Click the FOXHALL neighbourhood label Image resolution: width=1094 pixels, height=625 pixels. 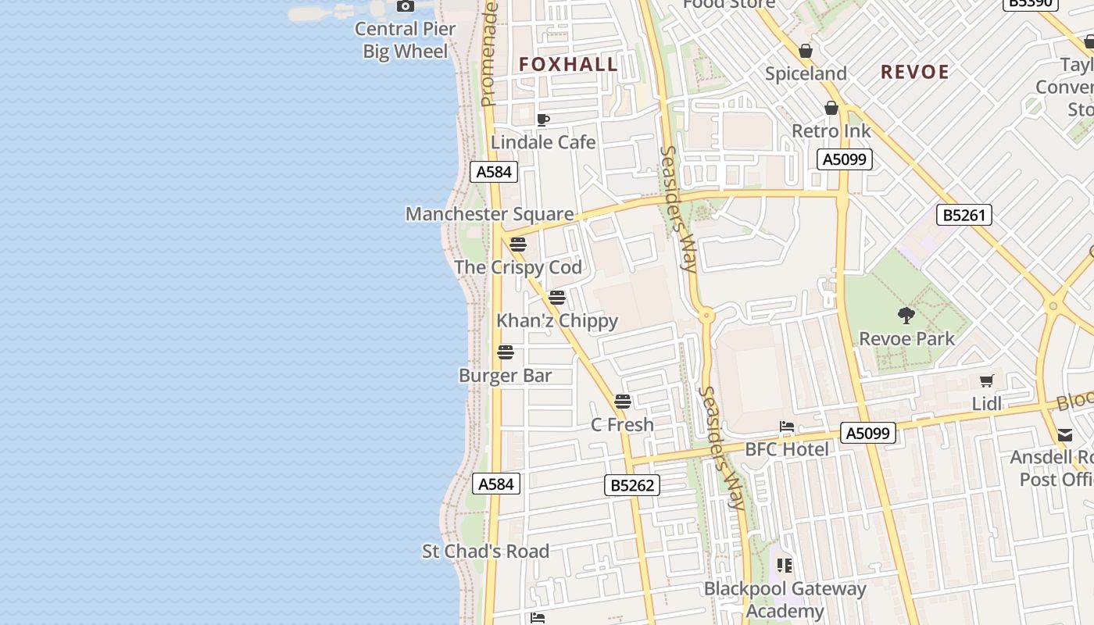[568, 65]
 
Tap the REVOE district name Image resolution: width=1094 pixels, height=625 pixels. [914, 73]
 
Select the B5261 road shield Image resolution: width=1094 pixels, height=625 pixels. [964, 215]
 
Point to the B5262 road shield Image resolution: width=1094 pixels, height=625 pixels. [631, 485]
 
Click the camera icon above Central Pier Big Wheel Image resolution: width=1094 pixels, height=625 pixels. [405, 6]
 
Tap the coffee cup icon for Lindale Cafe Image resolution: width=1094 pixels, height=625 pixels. [542, 120]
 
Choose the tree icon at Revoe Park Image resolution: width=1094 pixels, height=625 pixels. [906, 316]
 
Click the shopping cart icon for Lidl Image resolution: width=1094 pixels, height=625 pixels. [986, 381]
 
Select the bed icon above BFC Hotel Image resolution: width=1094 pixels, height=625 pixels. [787, 427]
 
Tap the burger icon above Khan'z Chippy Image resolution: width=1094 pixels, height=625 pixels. [556, 298]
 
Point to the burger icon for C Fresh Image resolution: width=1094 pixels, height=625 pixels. [622, 402]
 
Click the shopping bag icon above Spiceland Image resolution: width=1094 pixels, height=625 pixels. [806, 52]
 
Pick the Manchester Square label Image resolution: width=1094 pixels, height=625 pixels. [489, 214]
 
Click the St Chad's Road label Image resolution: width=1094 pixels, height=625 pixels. [485, 552]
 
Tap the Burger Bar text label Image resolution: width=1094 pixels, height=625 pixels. [505, 376]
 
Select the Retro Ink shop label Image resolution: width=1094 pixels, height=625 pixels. [831, 130]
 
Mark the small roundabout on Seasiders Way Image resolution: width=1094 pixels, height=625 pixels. [707, 316]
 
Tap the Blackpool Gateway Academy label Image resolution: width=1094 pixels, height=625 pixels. [785, 599]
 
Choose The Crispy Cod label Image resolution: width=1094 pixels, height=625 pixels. [518, 267]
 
